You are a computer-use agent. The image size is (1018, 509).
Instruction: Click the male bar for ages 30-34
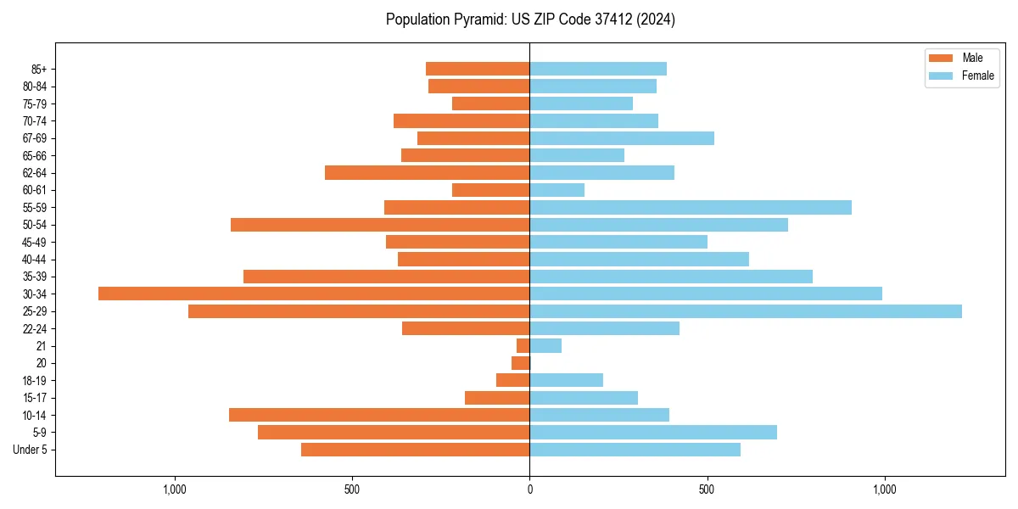pyautogui.click(x=314, y=294)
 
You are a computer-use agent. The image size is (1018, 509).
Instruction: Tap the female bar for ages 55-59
pyautogui.click(x=691, y=208)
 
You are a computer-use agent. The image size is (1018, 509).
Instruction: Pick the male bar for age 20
pyautogui.click(x=521, y=363)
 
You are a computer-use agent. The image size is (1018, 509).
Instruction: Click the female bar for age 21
pyautogui.click(x=545, y=346)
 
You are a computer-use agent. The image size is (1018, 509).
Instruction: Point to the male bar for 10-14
pyautogui.click(x=379, y=415)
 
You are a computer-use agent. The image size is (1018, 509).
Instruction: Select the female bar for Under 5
pyautogui.click(x=635, y=450)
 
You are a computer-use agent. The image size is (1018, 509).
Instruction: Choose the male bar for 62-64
pyautogui.click(x=428, y=173)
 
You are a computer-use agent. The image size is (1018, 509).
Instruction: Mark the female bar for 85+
pyautogui.click(x=598, y=69)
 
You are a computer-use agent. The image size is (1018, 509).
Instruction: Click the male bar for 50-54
pyautogui.click(x=380, y=225)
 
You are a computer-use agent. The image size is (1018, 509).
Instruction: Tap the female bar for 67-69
pyautogui.click(x=622, y=138)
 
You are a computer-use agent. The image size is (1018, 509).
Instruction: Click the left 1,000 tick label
pyautogui.click(x=174, y=489)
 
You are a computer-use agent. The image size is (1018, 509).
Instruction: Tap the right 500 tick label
pyautogui.click(x=707, y=489)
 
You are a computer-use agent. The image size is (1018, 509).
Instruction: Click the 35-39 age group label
pyautogui.click(x=34, y=277)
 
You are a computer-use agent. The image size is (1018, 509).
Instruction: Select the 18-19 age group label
pyautogui.click(x=34, y=381)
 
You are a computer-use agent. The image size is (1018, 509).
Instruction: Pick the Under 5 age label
pyautogui.click(x=31, y=450)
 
